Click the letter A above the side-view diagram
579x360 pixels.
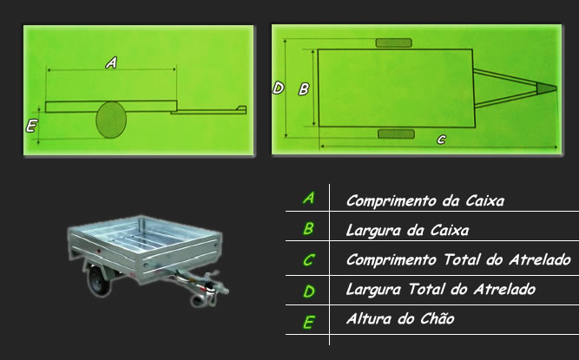coord(111,62)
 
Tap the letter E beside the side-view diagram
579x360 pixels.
coord(31,126)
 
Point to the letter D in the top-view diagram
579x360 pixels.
coord(278,88)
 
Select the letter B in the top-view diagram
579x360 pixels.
coord(304,88)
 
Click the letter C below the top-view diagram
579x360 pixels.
coord(441,140)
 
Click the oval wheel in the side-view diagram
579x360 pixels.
coord(111,120)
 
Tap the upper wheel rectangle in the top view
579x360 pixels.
coord(393,43)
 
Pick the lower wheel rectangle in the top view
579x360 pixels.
coord(396,134)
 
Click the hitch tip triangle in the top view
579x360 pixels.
coord(545,88)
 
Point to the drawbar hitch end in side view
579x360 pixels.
coord(241,108)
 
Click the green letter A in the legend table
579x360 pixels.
coord(309,198)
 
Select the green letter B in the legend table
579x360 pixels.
coord(308,229)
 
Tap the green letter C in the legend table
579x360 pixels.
coord(308,259)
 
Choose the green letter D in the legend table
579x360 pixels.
coord(309,291)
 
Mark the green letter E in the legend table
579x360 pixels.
coord(309,323)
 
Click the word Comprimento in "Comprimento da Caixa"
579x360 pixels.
coord(391,201)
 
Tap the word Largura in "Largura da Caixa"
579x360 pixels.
coord(373,231)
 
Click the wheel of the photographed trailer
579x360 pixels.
coord(98,280)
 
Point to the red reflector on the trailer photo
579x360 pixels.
coord(98,252)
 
